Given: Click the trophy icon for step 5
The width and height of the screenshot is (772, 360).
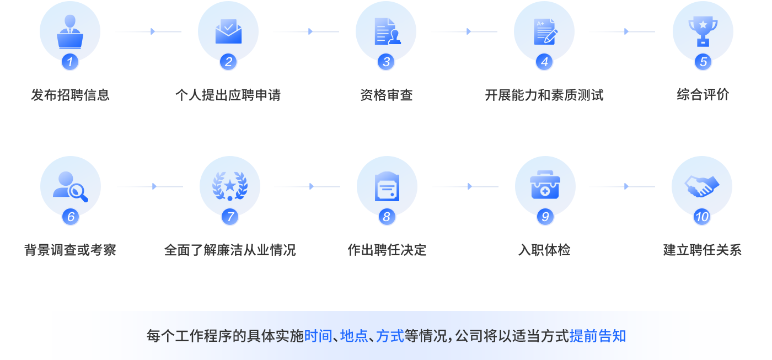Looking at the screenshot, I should (x=703, y=31).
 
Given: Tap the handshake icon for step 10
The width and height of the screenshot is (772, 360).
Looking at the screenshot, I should (x=702, y=186).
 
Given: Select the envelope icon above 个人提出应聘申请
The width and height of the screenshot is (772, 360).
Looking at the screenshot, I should (x=228, y=31).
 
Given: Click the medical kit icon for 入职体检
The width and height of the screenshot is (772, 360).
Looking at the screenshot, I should (x=545, y=186).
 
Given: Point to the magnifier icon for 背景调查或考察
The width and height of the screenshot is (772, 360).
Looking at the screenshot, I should (x=71, y=186).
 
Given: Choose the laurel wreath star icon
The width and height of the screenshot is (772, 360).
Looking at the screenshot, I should (x=230, y=186).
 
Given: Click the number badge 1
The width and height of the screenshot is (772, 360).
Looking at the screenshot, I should (x=69, y=62).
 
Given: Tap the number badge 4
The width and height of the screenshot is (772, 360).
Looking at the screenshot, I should (x=544, y=62).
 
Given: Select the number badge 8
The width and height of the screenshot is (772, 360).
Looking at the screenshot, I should (x=386, y=217).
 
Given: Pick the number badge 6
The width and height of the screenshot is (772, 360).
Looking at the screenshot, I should (x=71, y=217).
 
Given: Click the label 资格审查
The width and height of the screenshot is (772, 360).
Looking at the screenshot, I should (x=386, y=95).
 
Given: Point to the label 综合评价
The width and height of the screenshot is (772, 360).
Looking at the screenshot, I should (x=703, y=95).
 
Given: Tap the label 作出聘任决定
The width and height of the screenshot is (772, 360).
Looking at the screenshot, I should (x=387, y=250).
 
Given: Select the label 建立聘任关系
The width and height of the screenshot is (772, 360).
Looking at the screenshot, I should (x=702, y=250).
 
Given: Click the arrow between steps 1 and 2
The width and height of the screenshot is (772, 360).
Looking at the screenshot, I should (x=148, y=31).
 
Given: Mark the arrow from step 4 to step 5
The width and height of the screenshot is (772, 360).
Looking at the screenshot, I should (x=622, y=31).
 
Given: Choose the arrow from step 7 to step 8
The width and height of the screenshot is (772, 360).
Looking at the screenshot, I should (x=307, y=186).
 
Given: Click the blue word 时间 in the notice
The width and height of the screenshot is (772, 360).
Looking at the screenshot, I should (x=318, y=336).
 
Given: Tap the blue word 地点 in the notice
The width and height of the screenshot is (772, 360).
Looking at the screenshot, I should (x=354, y=336).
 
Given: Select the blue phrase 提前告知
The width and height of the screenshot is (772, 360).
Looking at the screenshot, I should (x=598, y=336).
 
